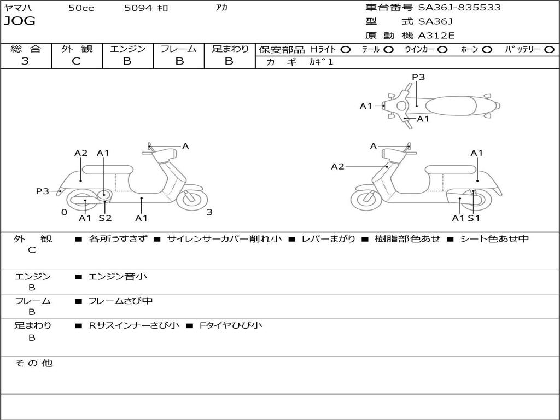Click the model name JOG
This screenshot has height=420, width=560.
tap(20, 21)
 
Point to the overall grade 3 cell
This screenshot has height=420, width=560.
tap(25, 61)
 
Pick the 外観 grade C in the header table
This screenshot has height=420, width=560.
tap(76, 61)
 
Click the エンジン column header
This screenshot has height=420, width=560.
tap(127, 49)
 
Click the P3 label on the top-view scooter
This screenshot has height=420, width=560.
tap(418, 77)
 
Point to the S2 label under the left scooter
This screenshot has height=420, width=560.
tap(105, 218)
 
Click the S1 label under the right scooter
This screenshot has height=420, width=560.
tap(474, 218)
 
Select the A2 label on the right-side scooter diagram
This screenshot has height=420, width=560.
tap(338, 167)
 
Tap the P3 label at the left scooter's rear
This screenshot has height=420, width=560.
tap(43, 191)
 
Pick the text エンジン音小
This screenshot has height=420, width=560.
tap(118, 277)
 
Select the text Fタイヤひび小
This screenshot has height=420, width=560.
tap(231, 325)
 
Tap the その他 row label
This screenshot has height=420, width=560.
tap(33, 363)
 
